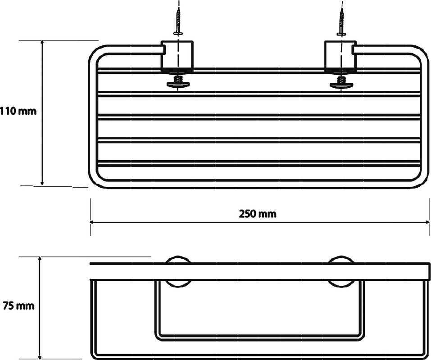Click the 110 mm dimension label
[18, 112]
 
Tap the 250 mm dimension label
[258, 214]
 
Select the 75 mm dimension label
[19, 306]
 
